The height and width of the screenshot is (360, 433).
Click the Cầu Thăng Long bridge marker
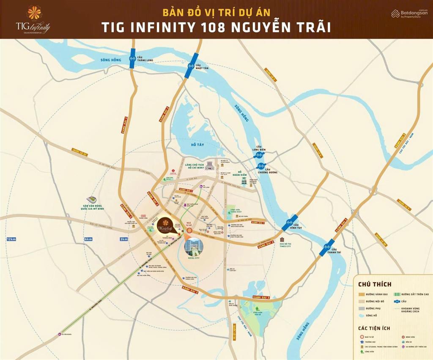pos(132,59)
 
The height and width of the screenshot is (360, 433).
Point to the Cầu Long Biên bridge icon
pos(259,155)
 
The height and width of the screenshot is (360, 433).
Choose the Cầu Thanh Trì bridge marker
pos(327,247)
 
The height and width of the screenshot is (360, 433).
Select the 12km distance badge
pos(11,239)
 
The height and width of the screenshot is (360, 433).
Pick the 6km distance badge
pos(88,239)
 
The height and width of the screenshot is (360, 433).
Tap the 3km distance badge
pos(124,239)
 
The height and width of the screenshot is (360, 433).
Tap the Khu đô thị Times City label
pos(288,244)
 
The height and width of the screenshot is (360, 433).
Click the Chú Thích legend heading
pos(375,284)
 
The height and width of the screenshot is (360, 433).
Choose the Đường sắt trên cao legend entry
pos(412,294)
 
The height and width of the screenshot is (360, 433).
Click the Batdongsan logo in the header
pos(409,14)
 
